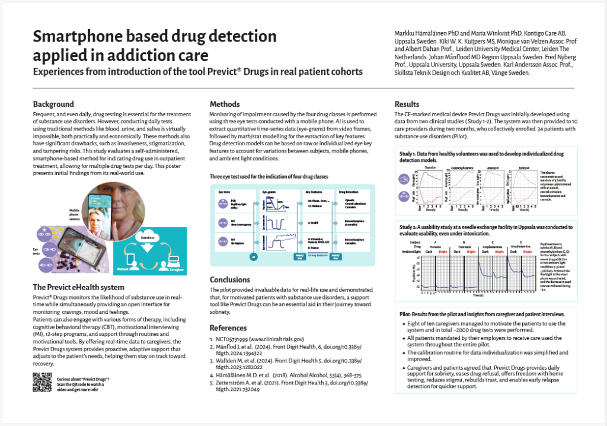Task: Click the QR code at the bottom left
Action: [42, 382]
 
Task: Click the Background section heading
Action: [53, 104]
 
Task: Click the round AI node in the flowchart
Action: [253, 257]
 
